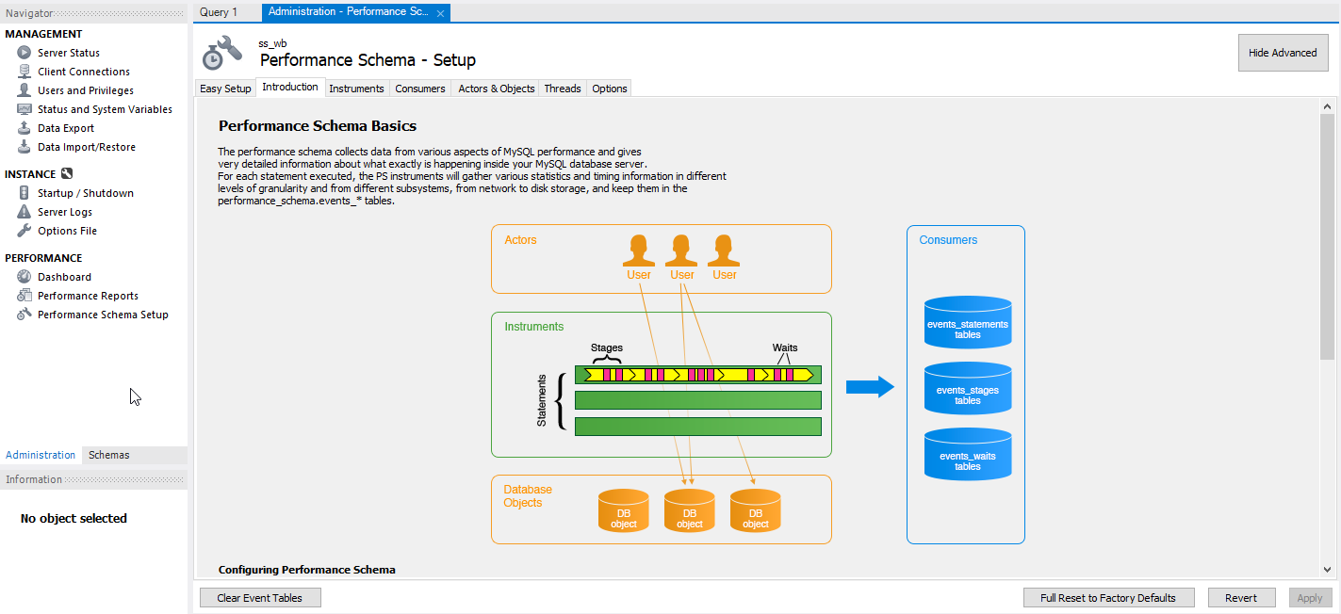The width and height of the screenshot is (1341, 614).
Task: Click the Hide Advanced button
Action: click(1283, 53)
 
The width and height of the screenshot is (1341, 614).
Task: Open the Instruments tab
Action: click(356, 89)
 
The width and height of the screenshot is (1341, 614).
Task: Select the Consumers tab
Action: click(419, 89)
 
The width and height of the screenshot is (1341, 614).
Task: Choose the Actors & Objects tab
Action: click(496, 89)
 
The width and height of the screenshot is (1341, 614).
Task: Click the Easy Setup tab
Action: click(225, 89)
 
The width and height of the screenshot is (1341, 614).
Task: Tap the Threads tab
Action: click(563, 89)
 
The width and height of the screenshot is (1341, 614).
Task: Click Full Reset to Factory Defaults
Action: click(1108, 598)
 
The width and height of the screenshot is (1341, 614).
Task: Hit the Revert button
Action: click(1241, 598)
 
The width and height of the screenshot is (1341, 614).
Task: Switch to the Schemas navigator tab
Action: click(109, 455)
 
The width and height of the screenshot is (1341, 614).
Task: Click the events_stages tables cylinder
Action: click(968, 388)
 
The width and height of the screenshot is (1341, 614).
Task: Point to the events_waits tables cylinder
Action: click(968, 454)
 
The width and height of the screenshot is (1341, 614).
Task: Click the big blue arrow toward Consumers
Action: click(870, 387)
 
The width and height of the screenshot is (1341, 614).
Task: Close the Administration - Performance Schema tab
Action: click(440, 13)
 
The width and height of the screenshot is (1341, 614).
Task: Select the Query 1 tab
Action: click(219, 12)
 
